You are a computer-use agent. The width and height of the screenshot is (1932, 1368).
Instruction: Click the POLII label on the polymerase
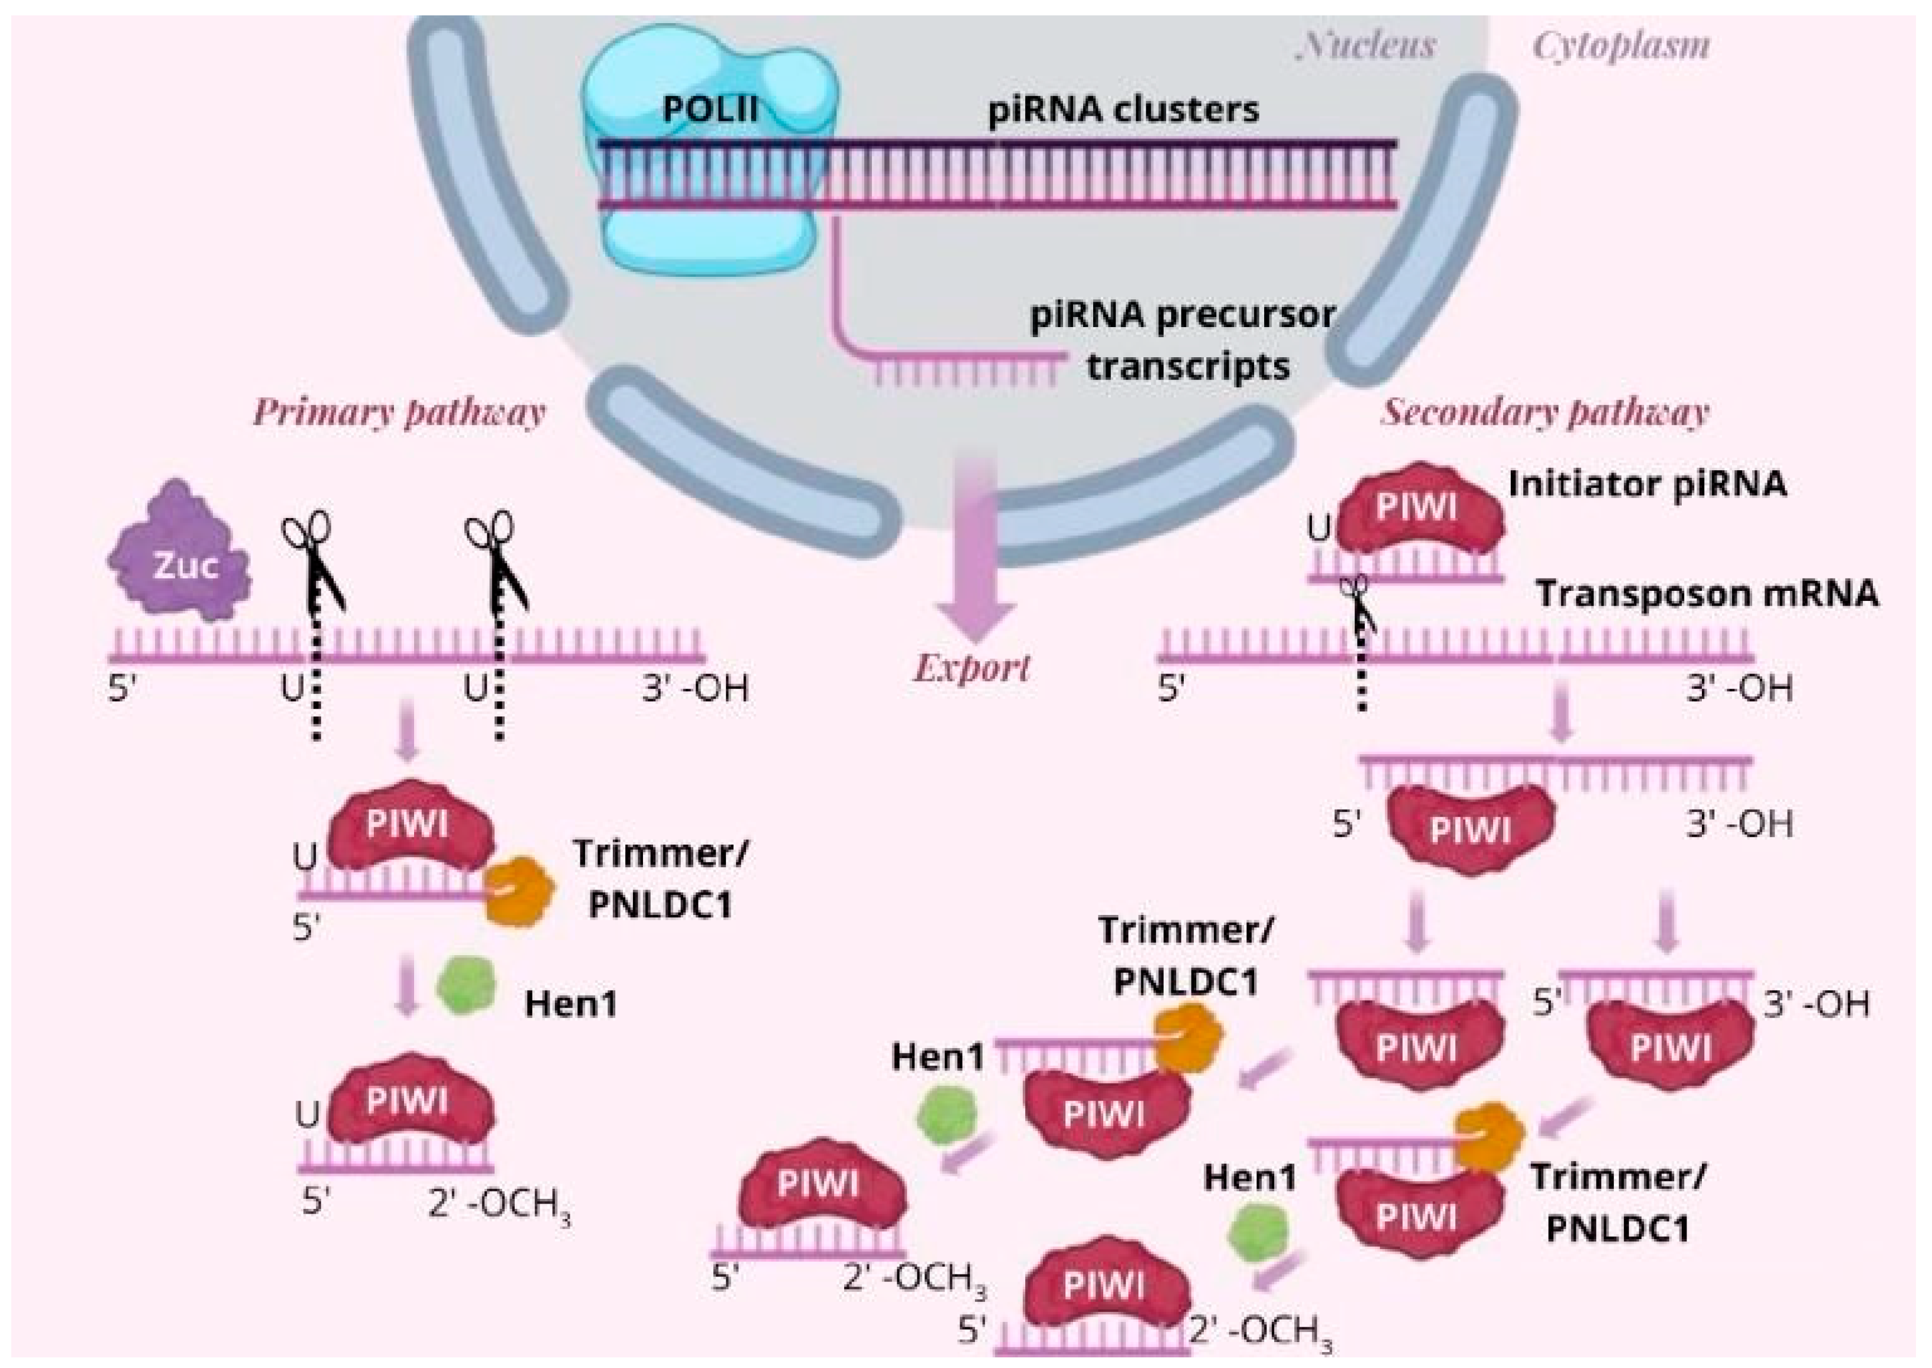(710, 109)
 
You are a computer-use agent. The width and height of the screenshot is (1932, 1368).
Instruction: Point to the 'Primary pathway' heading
(399, 413)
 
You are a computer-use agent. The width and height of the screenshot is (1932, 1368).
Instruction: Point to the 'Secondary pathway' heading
(1545, 413)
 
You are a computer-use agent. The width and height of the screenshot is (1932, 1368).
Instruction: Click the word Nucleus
(1366, 46)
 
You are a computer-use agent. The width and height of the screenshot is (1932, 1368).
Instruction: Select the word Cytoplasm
(1620, 46)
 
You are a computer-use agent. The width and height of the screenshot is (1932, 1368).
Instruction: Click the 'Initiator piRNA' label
(1646, 484)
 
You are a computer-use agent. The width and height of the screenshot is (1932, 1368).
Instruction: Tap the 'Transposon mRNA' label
(1706, 594)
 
